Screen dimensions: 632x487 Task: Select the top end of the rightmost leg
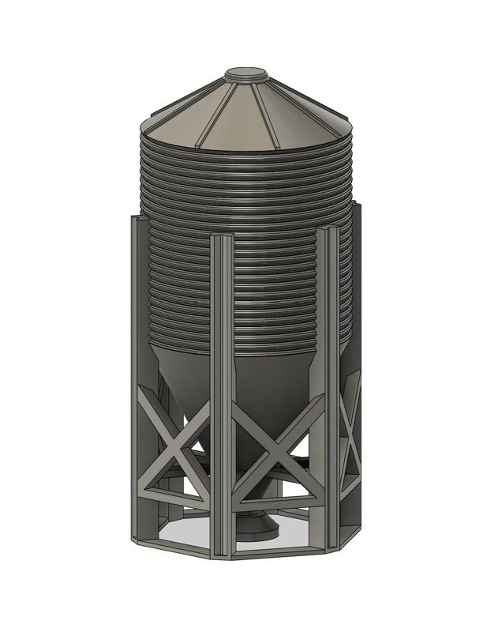coord(356,207)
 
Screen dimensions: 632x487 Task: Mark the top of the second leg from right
coord(328,231)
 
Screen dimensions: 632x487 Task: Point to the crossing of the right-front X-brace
coord(277,453)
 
